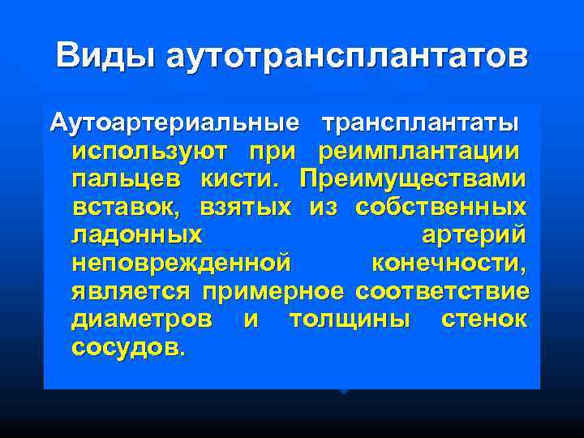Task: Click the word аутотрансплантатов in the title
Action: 346,57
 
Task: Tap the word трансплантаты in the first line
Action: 419,124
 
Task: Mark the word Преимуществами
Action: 412,179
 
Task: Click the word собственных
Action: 440,207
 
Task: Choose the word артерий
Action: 474,235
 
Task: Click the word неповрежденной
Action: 180,263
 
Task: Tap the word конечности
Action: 447,263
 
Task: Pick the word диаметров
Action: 142,318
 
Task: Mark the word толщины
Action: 350,318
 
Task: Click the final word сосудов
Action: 127,346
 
